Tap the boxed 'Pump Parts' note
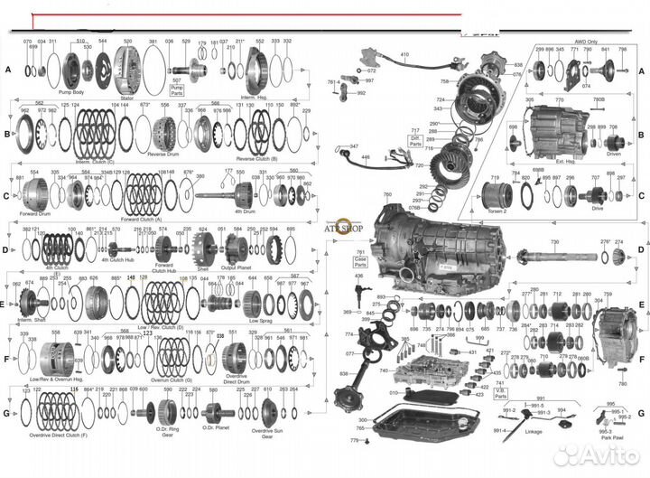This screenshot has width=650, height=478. coord(176,88)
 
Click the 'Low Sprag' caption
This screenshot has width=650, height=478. coord(261,322)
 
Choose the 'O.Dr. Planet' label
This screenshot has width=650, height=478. coord(219,429)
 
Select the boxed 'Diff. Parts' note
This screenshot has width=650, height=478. coord(415,137)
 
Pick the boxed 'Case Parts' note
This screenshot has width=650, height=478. coord(361,258)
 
